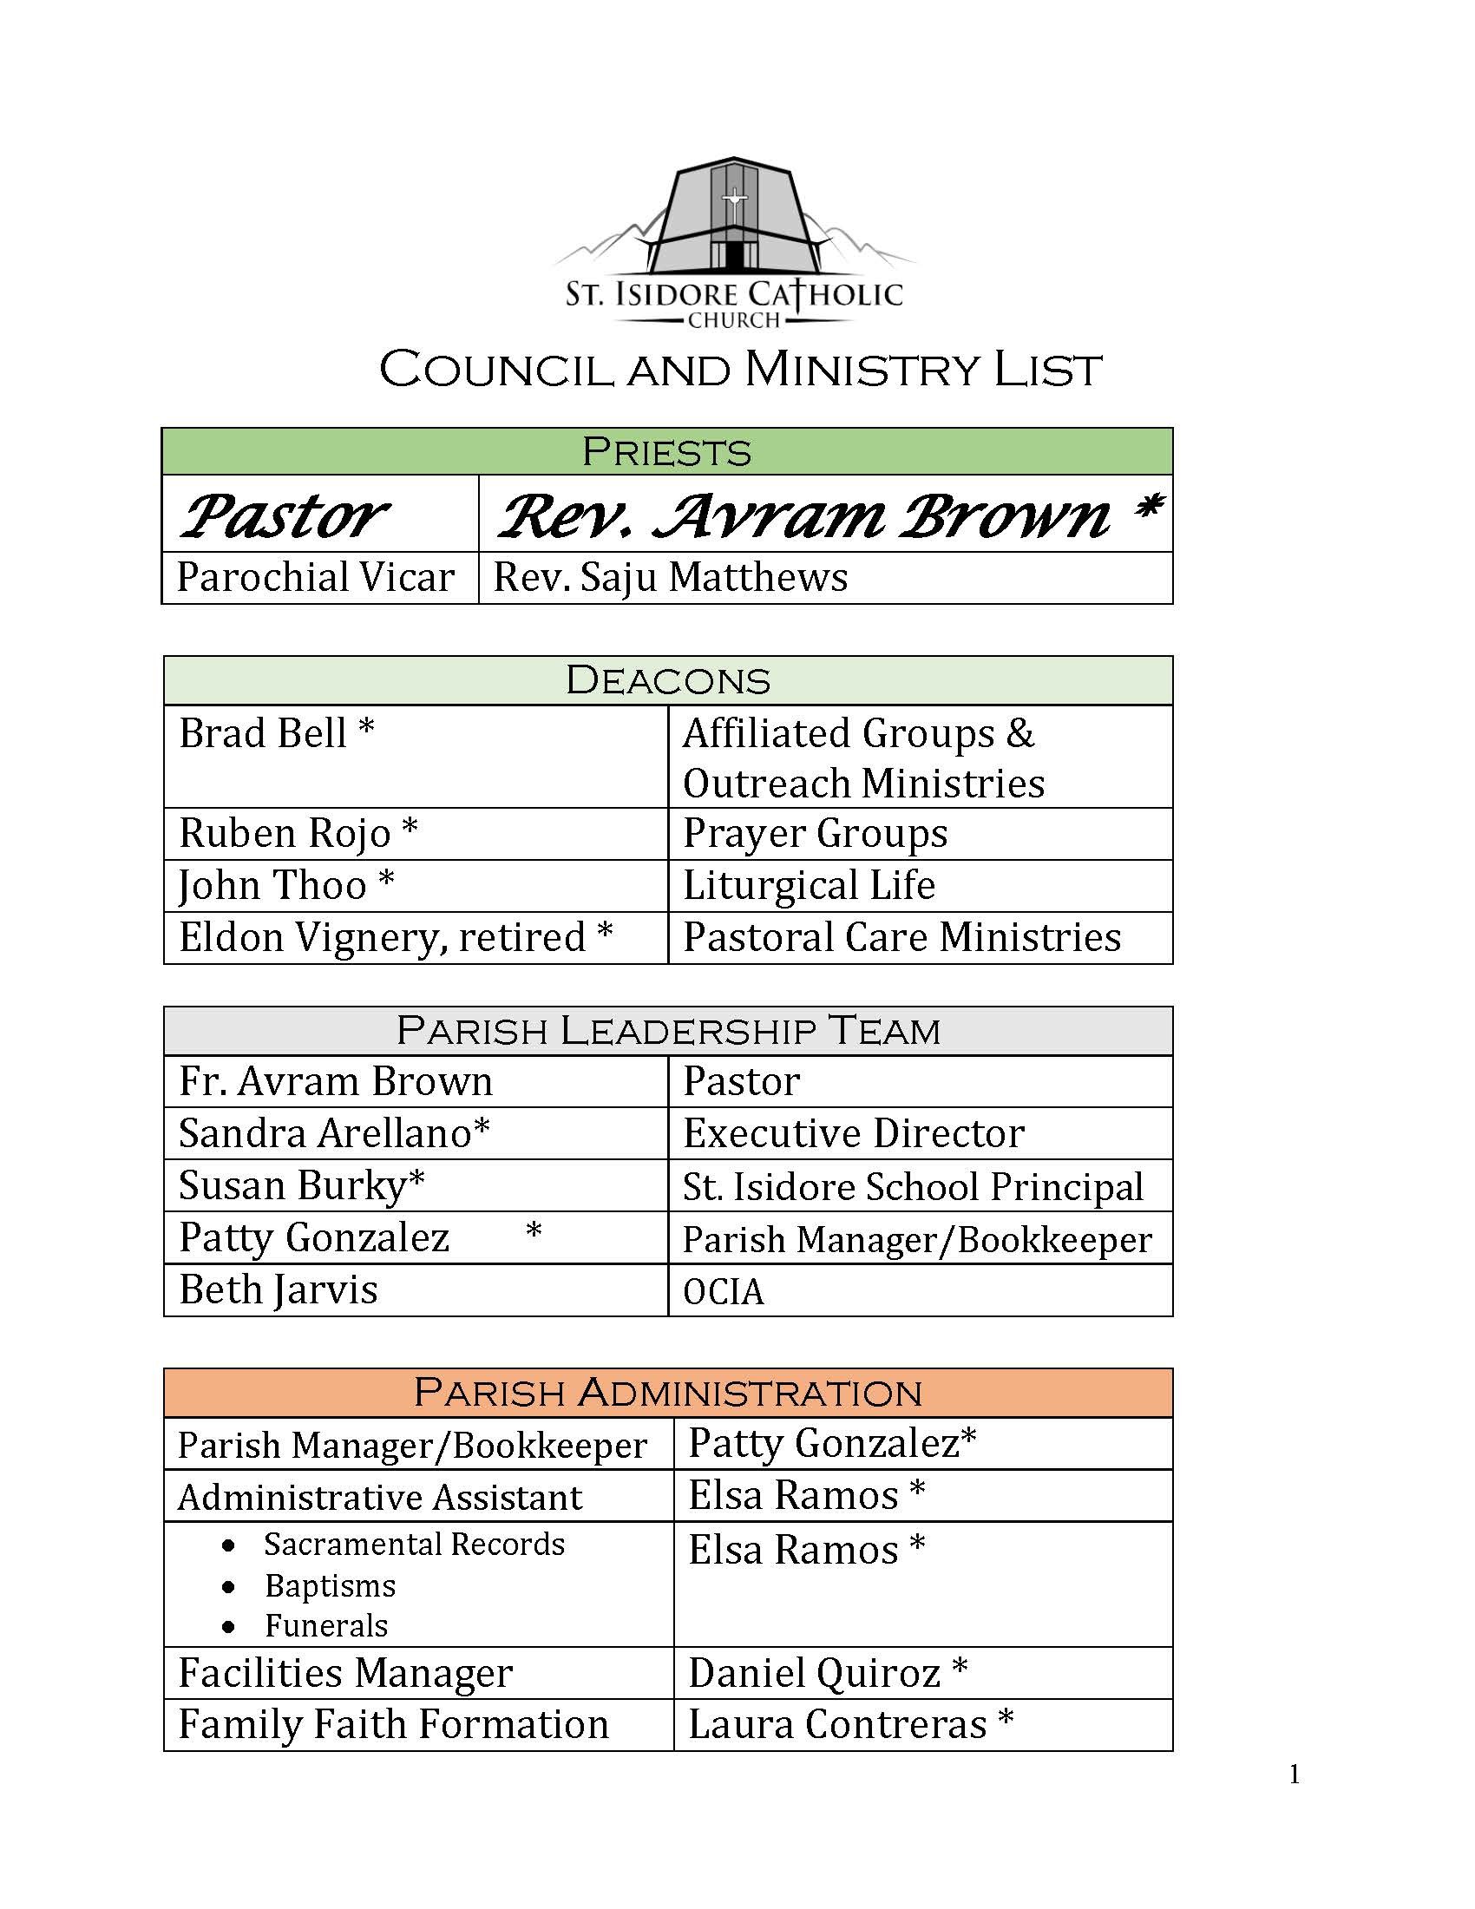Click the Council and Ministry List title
pyautogui.click(x=740, y=370)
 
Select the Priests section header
pyautogui.click(x=666, y=452)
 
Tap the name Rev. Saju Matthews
pyautogui.click(x=670, y=578)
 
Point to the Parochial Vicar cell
pyautogui.click(x=316, y=578)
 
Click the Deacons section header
pyautogui.click(x=667, y=681)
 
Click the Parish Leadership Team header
pyautogui.click(x=667, y=1031)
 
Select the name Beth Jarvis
pyautogui.click(x=278, y=1290)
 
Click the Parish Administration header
pyautogui.click(x=667, y=1393)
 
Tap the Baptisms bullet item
pyautogui.click(x=331, y=1585)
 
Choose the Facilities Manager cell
pyautogui.click(x=345, y=1673)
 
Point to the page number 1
pyautogui.click(x=1295, y=1775)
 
